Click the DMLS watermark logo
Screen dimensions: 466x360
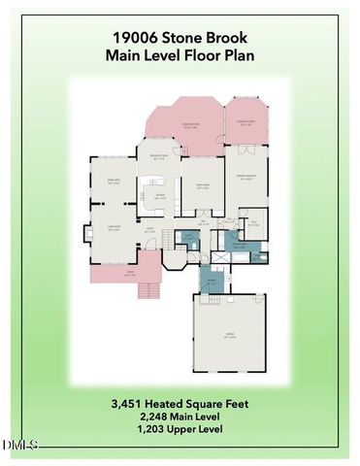coord(19,445)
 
